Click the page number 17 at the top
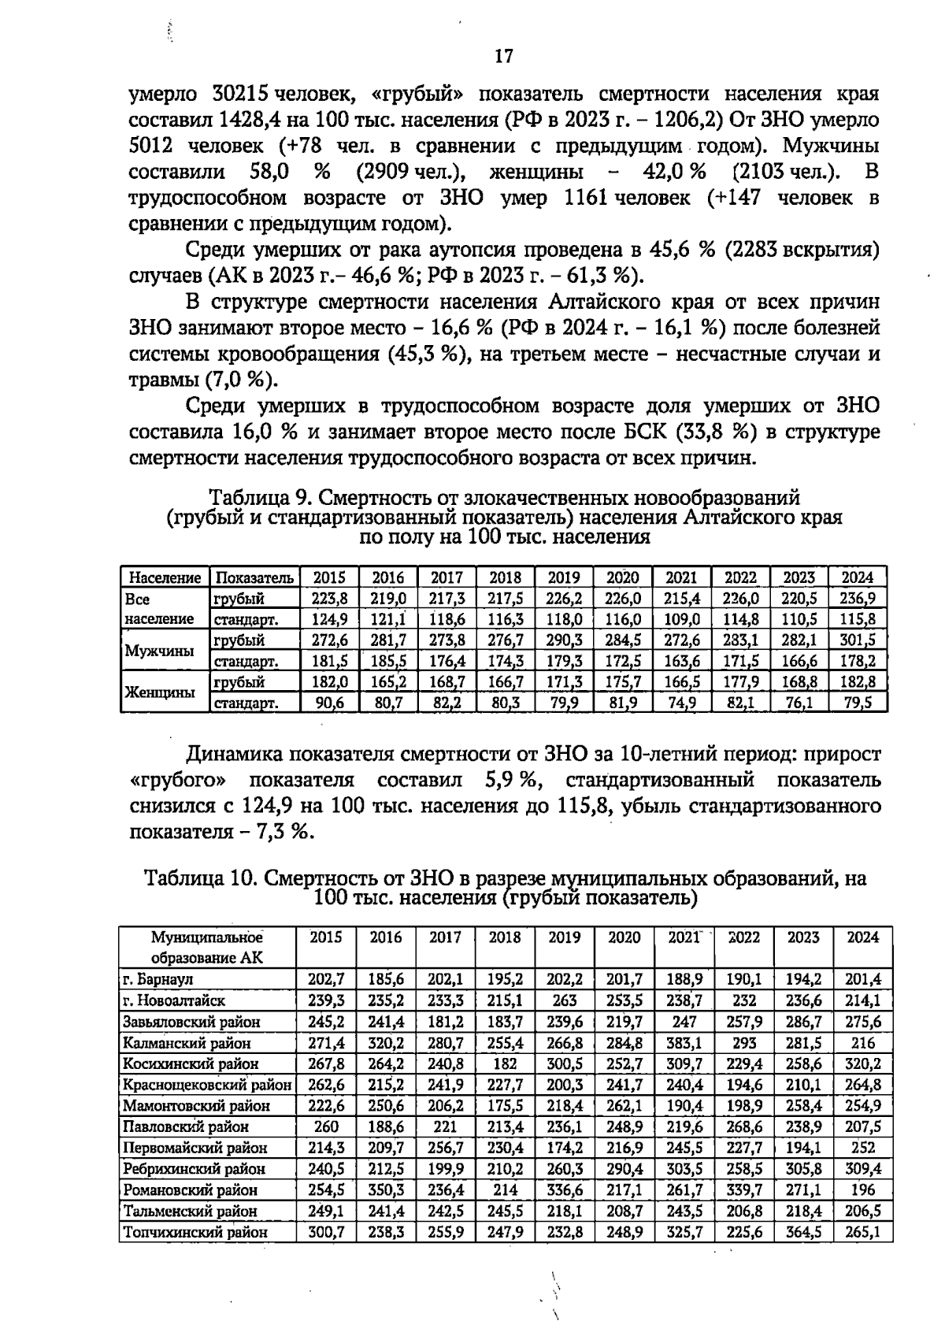pos(504,56)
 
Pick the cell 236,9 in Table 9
pos(859,599)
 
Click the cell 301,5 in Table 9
pos(859,640)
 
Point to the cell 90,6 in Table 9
pos(330,703)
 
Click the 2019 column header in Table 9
pos(564,577)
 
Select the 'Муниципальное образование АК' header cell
pos(207,948)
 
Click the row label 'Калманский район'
pos(187,1043)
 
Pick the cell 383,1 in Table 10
pos(684,1043)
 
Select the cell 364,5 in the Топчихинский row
pos(803,1232)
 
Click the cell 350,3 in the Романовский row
pos(386,1189)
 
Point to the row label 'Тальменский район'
pos(190,1211)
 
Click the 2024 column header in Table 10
pos(862,937)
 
